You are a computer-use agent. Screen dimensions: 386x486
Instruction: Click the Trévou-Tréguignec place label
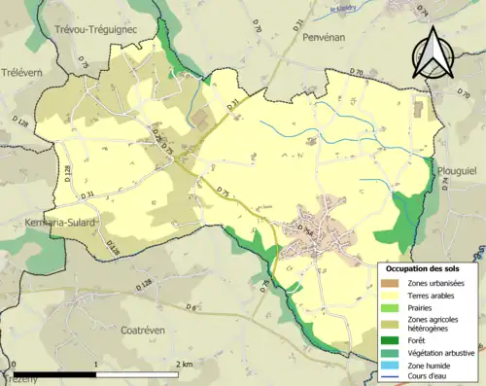click(x=96, y=30)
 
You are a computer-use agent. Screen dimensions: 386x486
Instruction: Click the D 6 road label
click(x=191, y=308)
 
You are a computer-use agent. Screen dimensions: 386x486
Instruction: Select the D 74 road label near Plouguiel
click(x=445, y=185)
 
